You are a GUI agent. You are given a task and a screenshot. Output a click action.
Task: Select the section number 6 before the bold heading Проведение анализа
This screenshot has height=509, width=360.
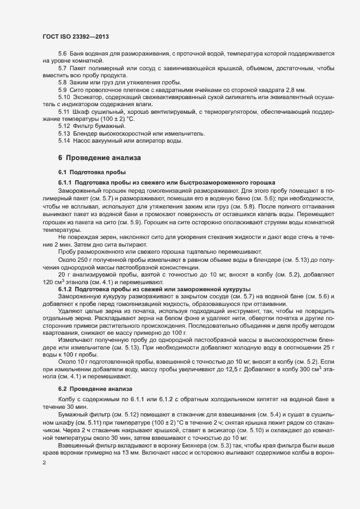tap(60, 158)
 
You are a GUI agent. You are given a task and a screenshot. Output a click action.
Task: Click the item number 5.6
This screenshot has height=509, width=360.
tap(63, 53)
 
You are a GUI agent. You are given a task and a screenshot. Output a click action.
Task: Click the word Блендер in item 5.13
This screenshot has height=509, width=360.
tap(84, 133)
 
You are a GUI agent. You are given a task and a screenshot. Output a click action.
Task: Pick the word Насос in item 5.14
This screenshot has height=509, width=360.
tap(81, 141)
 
